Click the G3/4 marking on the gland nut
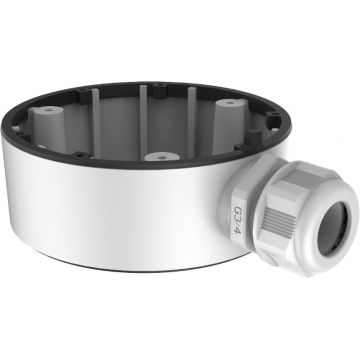click(237, 220)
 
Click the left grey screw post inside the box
click(48, 128)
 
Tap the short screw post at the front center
click(162, 157)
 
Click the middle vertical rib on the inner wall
click(143, 122)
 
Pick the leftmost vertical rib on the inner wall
click(96, 123)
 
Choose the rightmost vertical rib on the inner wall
click(192, 121)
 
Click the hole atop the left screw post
click(49, 109)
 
